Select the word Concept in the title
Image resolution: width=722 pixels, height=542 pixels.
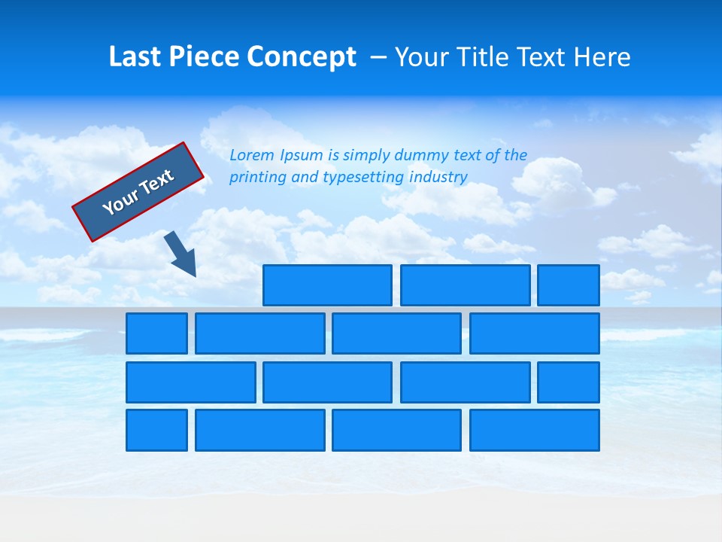302,57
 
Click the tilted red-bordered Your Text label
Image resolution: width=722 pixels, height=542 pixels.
138,192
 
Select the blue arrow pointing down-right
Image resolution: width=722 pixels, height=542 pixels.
181,254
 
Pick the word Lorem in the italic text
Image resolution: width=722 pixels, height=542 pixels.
251,156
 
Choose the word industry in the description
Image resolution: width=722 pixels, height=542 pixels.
438,178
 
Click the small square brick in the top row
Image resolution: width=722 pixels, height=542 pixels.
568,285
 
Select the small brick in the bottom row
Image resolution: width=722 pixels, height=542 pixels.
156,430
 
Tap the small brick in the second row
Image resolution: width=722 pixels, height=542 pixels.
156,333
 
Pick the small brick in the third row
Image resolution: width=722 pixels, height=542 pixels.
568,382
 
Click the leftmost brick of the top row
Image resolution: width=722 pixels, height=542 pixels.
327,285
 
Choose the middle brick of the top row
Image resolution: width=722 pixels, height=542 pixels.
465,285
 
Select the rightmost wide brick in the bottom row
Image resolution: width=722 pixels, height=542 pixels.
534,430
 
